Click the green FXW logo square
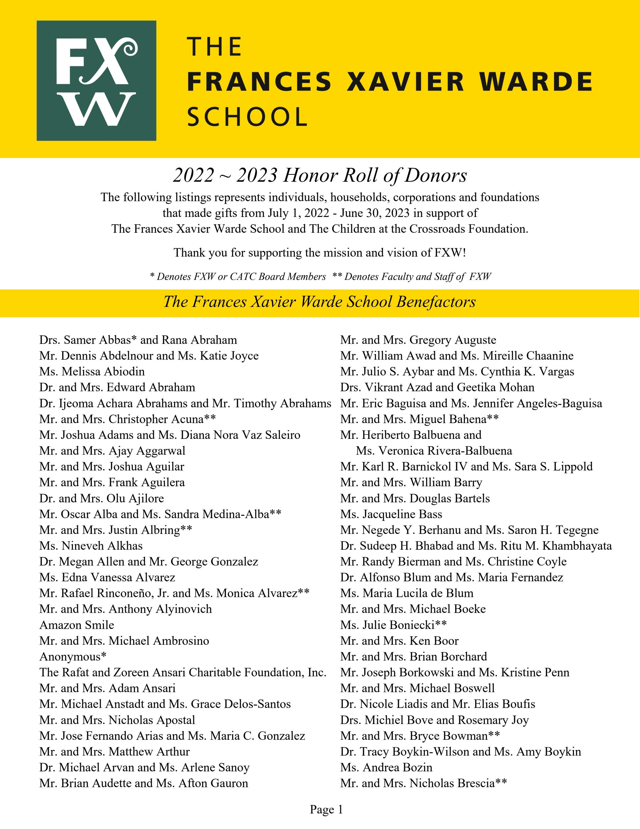(96, 80)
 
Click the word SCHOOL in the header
(247, 117)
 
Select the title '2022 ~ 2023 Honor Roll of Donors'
(320, 175)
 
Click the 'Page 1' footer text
(326, 809)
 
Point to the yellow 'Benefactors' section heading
(320, 302)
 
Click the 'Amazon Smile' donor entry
(77, 625)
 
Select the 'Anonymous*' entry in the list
(73, 656)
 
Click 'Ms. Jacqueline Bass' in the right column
(391, 514)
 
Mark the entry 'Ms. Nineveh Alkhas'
(91, 546)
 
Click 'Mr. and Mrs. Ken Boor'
(399, 641)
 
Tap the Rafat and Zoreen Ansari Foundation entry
(183, 672)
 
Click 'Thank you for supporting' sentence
(320, 252)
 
